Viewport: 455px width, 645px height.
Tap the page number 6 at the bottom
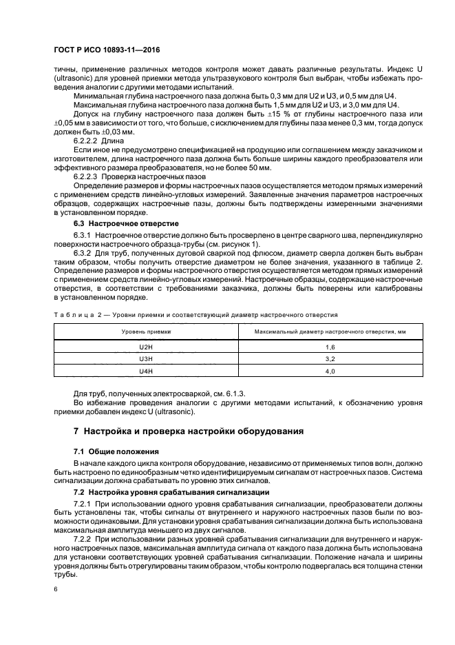pyautogui.click(x=56, y=591)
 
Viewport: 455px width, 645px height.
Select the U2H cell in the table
pyautogui.click(x=146, y=347)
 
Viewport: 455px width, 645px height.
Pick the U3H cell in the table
pyautogui.click(x=146, y=359)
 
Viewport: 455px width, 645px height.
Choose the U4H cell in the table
pyautogui.click(x=146, y=371)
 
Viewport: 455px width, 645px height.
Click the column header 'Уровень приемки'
pyautogui.click(x=146, y=331)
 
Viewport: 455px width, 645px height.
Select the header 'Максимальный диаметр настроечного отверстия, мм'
pyautogui.click(x=330, y=331)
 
